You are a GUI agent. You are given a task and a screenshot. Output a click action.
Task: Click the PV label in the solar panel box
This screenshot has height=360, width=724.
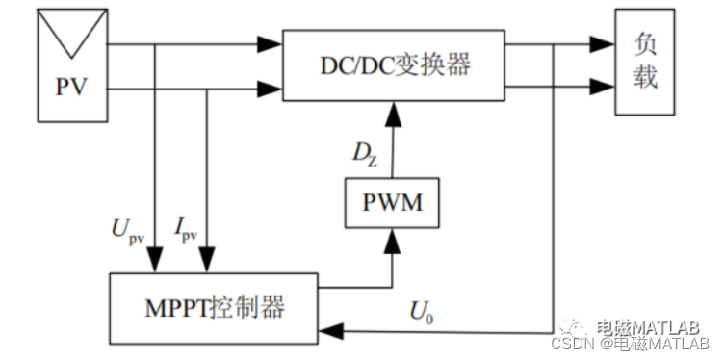pyautogui.click(x=70, y=88)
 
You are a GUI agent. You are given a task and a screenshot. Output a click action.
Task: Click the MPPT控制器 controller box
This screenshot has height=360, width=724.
pyautogui.click(x=213, y=307)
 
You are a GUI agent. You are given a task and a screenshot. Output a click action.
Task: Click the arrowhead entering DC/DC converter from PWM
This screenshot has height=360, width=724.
pyautogui.click(x=392, y=112)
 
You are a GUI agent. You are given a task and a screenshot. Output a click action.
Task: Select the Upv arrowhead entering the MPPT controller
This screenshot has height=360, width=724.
pyautogui.click(x=152, y=261)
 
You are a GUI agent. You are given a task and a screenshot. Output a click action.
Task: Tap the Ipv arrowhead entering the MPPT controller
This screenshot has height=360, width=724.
pyautogui.click(x=206, y=261)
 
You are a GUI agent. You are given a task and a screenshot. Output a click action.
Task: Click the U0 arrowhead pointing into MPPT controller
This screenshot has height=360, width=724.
pyautogui.click(x=327, y=332)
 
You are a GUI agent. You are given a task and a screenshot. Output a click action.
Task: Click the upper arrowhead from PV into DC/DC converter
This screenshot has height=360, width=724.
pyautogui.click(x=269, y=44)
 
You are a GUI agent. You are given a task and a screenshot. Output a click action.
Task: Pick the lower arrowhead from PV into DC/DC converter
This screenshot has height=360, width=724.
pyautogui.click(x=269, y=91)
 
